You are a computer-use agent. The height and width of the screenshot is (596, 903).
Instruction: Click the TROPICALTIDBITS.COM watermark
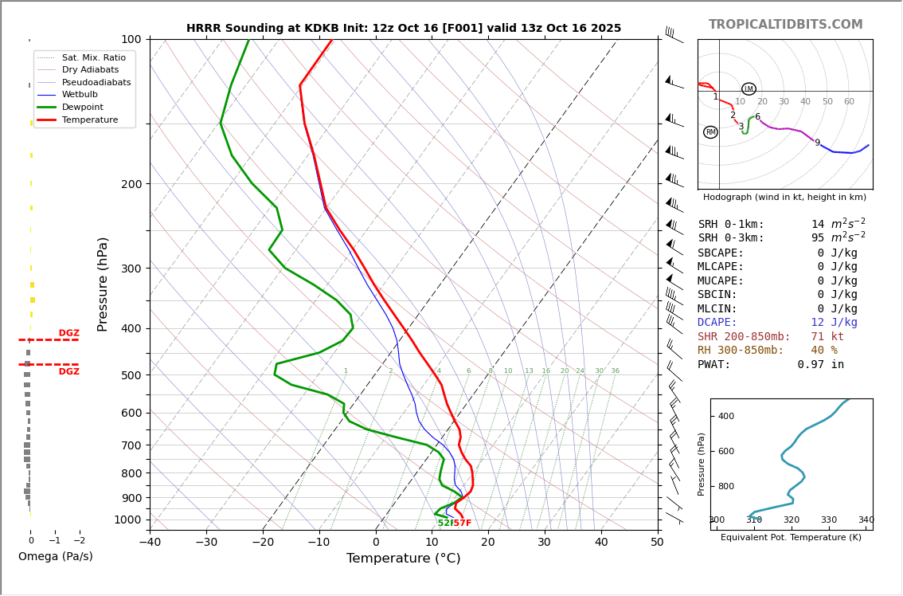coord(785,25)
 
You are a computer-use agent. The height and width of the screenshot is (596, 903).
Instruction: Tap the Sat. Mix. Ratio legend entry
coord(93,57)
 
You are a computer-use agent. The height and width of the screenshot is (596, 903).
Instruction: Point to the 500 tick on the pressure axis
coord(131,375)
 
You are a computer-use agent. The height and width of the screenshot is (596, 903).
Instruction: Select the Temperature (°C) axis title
coord(403,559)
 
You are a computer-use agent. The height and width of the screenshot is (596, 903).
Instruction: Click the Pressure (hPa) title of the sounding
coord(103,284)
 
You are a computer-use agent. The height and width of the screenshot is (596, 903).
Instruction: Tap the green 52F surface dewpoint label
coord(444,523)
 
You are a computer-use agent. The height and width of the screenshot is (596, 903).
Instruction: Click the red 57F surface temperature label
coord(463,523)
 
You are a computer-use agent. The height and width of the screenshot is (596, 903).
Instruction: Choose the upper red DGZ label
coord(68,333)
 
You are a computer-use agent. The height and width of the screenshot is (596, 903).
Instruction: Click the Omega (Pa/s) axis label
coord(55,557)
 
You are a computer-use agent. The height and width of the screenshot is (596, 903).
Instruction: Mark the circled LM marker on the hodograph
coord(749,89)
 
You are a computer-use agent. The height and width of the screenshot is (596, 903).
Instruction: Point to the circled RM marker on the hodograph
coord(710,132)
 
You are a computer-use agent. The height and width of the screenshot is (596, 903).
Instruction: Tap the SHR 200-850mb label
coord(744,337)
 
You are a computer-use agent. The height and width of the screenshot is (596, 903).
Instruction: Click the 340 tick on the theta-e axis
coord(866,520)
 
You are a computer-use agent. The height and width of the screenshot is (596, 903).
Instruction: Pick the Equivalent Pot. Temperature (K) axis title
coord(791,538)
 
